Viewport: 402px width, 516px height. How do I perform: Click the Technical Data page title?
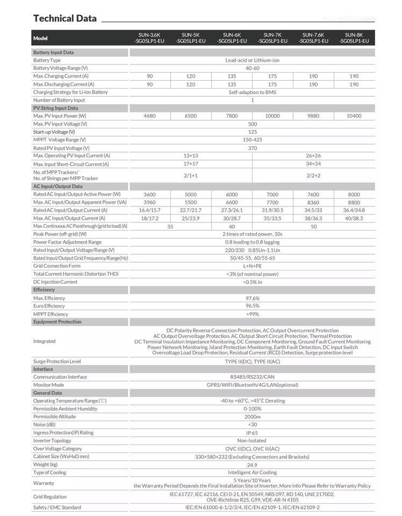[65, 18]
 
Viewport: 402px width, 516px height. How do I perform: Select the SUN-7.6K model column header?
[313, 38]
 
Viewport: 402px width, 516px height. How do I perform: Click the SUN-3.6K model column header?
[149, 38]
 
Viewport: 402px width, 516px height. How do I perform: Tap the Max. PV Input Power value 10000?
[272, 116]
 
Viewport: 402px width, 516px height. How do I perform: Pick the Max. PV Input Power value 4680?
[149, 116]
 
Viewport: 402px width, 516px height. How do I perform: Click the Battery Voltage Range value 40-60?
[252, 68]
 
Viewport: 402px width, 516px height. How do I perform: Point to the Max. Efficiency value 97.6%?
[252, 298]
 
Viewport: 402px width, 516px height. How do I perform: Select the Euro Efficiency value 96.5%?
[252, 306]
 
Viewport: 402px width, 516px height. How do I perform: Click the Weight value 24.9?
[252, 465]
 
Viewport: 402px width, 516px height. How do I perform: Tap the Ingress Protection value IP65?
[252, 433]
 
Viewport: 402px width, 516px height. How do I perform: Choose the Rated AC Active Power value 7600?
[313, 195]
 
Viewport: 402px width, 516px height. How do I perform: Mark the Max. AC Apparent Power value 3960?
[149, 203]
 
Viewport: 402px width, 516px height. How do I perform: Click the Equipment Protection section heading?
[58, 322]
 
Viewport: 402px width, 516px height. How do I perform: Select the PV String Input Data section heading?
[55, 108]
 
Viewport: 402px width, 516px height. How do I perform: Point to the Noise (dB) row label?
[45, 425]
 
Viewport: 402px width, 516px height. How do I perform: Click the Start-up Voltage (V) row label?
[54, 132]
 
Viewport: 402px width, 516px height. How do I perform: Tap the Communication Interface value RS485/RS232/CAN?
[252, 377]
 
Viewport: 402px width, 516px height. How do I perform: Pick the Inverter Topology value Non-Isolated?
[252, 441]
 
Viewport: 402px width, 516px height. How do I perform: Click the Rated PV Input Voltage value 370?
[252, 148]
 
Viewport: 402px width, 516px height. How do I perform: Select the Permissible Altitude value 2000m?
[252, 417]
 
